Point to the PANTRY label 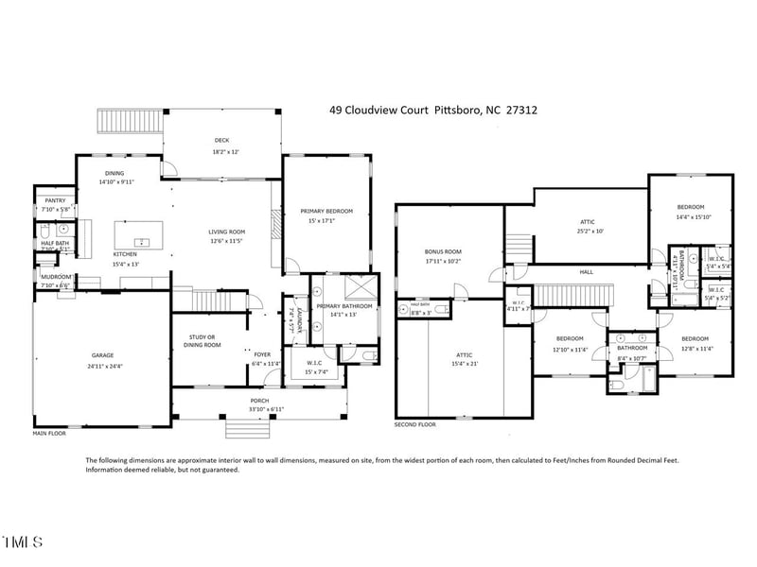56,200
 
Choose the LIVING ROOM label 227,232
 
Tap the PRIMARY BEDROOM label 326,211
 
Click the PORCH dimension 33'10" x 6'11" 259,409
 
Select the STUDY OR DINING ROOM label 201,340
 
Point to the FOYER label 261,354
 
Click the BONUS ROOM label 441,251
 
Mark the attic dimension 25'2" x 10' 587,231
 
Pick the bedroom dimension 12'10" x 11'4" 570,349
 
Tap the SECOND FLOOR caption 415,425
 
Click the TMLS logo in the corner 23,542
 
